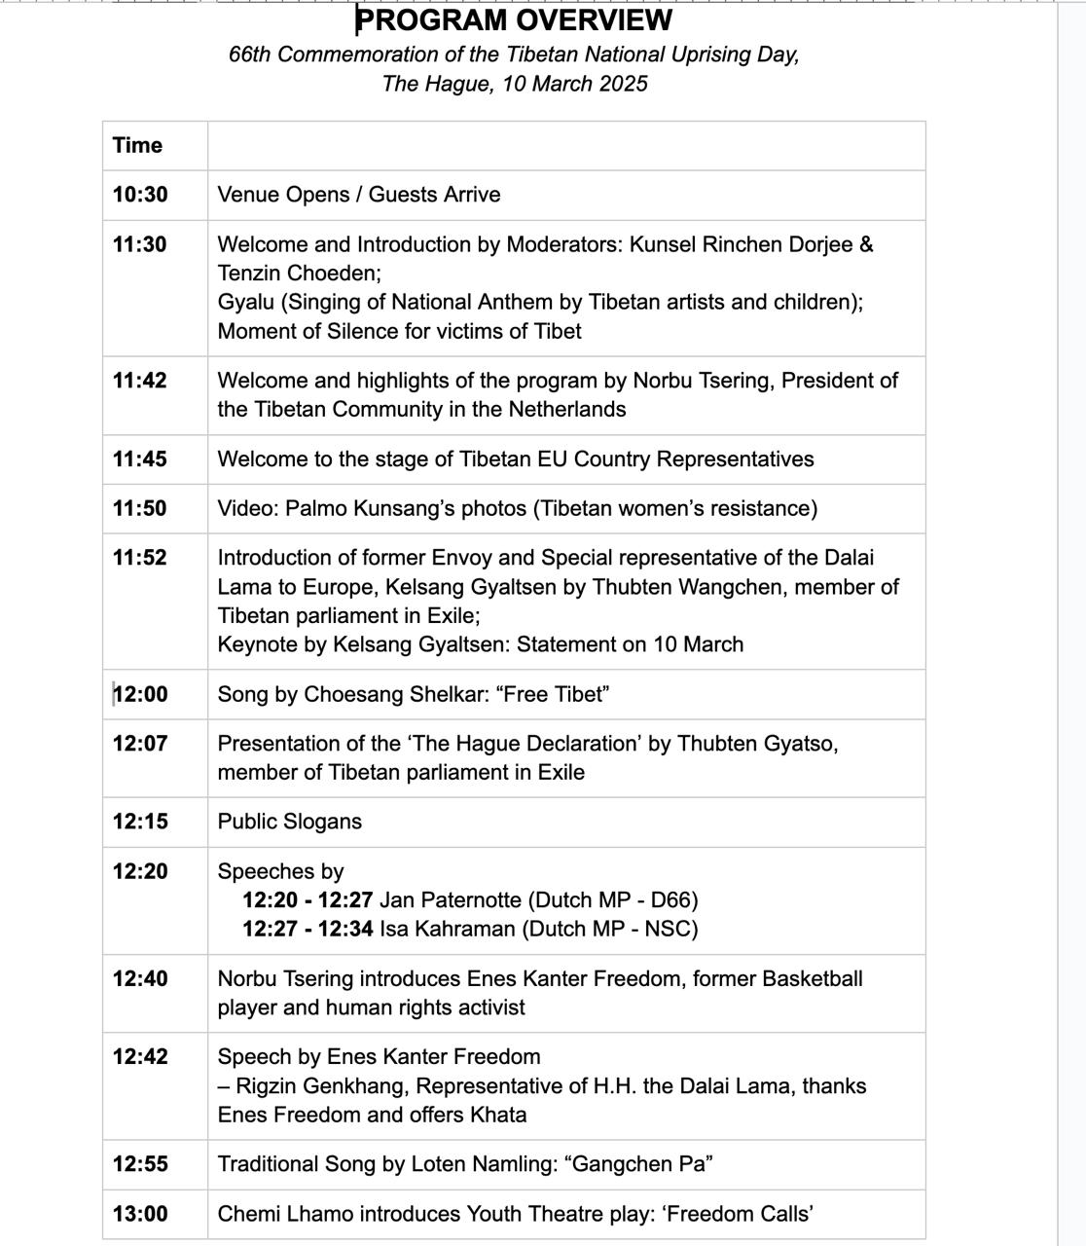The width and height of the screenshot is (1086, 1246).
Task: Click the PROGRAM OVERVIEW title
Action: (514, 19)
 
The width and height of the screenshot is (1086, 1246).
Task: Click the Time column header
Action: (137, 145)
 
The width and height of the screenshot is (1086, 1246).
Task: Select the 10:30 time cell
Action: (140, 195)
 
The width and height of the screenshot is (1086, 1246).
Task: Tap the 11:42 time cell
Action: (140, 381)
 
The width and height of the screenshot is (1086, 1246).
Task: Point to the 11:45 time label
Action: (140, 459)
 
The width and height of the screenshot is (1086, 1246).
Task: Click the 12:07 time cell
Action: (140, 744)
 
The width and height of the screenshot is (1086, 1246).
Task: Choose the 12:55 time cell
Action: (140, 1164)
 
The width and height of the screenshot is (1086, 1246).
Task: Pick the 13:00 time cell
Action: (140, 1214)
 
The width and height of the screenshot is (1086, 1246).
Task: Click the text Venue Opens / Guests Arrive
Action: (359, 195)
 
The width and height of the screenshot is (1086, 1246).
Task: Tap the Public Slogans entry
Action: (290, 822)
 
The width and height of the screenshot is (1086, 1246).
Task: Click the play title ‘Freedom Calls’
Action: (754, 1214)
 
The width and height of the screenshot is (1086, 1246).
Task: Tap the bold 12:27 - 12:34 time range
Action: (308, 929)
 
